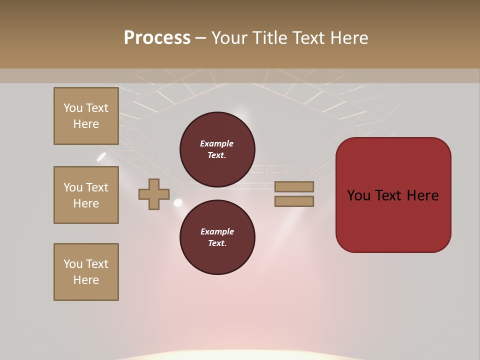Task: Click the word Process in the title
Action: coord(157,38)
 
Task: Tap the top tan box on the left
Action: coord(86,116)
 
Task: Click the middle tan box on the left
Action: coord(86,195)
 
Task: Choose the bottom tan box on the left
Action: coord(86,272)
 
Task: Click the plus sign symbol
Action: coord(154,194)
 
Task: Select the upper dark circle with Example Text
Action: coord(217,149)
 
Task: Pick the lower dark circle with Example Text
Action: coord(217,237)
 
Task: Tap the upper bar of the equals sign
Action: coord(294,186)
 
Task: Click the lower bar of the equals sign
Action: coord(294,201)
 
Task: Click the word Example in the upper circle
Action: coord(216,143)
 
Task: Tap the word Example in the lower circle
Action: coord(216,231)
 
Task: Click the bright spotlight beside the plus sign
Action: coord(177,202)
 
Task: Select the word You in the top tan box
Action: coord(72,108)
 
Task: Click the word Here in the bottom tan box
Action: coord(86,280)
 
